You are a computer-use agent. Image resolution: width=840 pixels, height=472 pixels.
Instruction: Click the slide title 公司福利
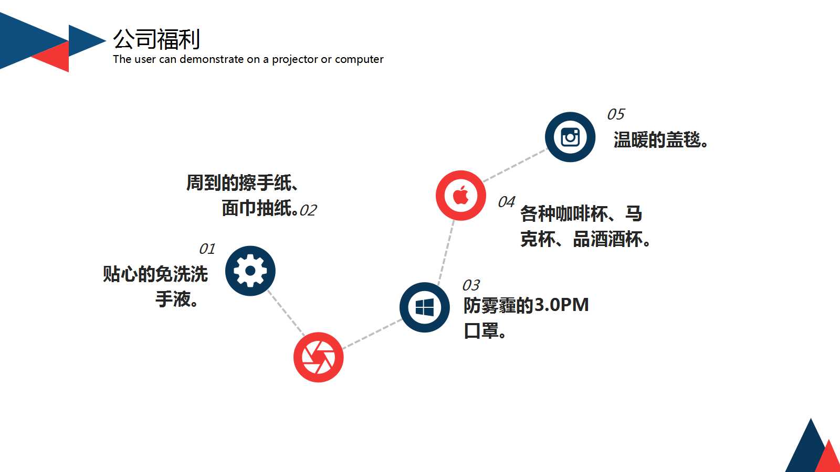156,39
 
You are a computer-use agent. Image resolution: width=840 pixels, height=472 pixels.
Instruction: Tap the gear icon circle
250,271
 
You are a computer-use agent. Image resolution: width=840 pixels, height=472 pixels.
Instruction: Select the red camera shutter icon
318,357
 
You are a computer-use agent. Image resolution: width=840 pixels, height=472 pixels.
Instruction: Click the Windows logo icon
424,307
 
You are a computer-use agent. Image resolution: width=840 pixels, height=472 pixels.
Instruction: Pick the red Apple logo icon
461,196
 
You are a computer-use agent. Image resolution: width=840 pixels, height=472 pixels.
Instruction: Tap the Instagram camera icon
570,137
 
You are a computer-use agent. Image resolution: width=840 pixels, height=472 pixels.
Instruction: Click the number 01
207,249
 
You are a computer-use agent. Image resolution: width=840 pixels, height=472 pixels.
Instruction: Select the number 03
471,285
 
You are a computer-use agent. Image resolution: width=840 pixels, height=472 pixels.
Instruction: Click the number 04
506,202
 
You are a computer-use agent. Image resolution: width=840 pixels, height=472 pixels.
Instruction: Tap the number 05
616,114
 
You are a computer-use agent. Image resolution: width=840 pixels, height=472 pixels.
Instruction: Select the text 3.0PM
561,305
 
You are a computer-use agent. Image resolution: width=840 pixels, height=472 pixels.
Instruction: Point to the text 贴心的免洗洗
155,274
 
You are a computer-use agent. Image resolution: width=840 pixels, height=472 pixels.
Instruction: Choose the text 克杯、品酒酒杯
585,240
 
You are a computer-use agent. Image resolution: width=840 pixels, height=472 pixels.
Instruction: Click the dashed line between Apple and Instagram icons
514,166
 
